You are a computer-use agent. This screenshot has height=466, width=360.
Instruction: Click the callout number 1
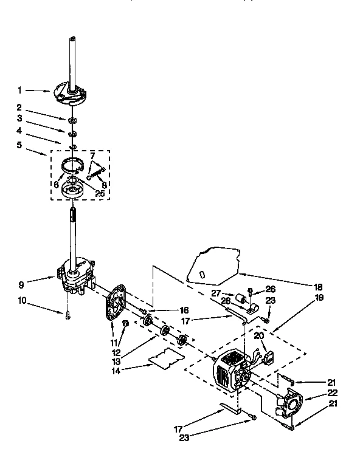(x=19, y=91)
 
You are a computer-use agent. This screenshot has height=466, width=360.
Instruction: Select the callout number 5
(x=19, y=145)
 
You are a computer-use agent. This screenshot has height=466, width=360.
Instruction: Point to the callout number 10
(x=21, y=300)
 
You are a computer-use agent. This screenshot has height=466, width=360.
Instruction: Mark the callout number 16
(x=167, y=310)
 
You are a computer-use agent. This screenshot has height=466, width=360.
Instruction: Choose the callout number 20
(x=258, y=335)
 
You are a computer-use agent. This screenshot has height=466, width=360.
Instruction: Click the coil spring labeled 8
(x=100, y=173)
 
